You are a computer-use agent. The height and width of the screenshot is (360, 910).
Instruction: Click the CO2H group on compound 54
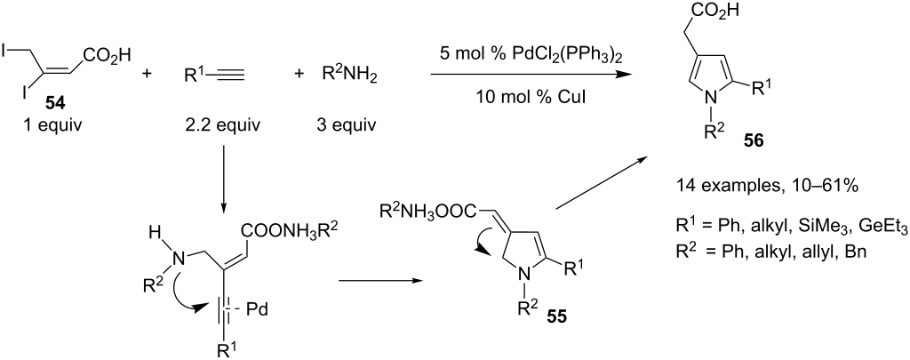[x=107, y=55]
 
